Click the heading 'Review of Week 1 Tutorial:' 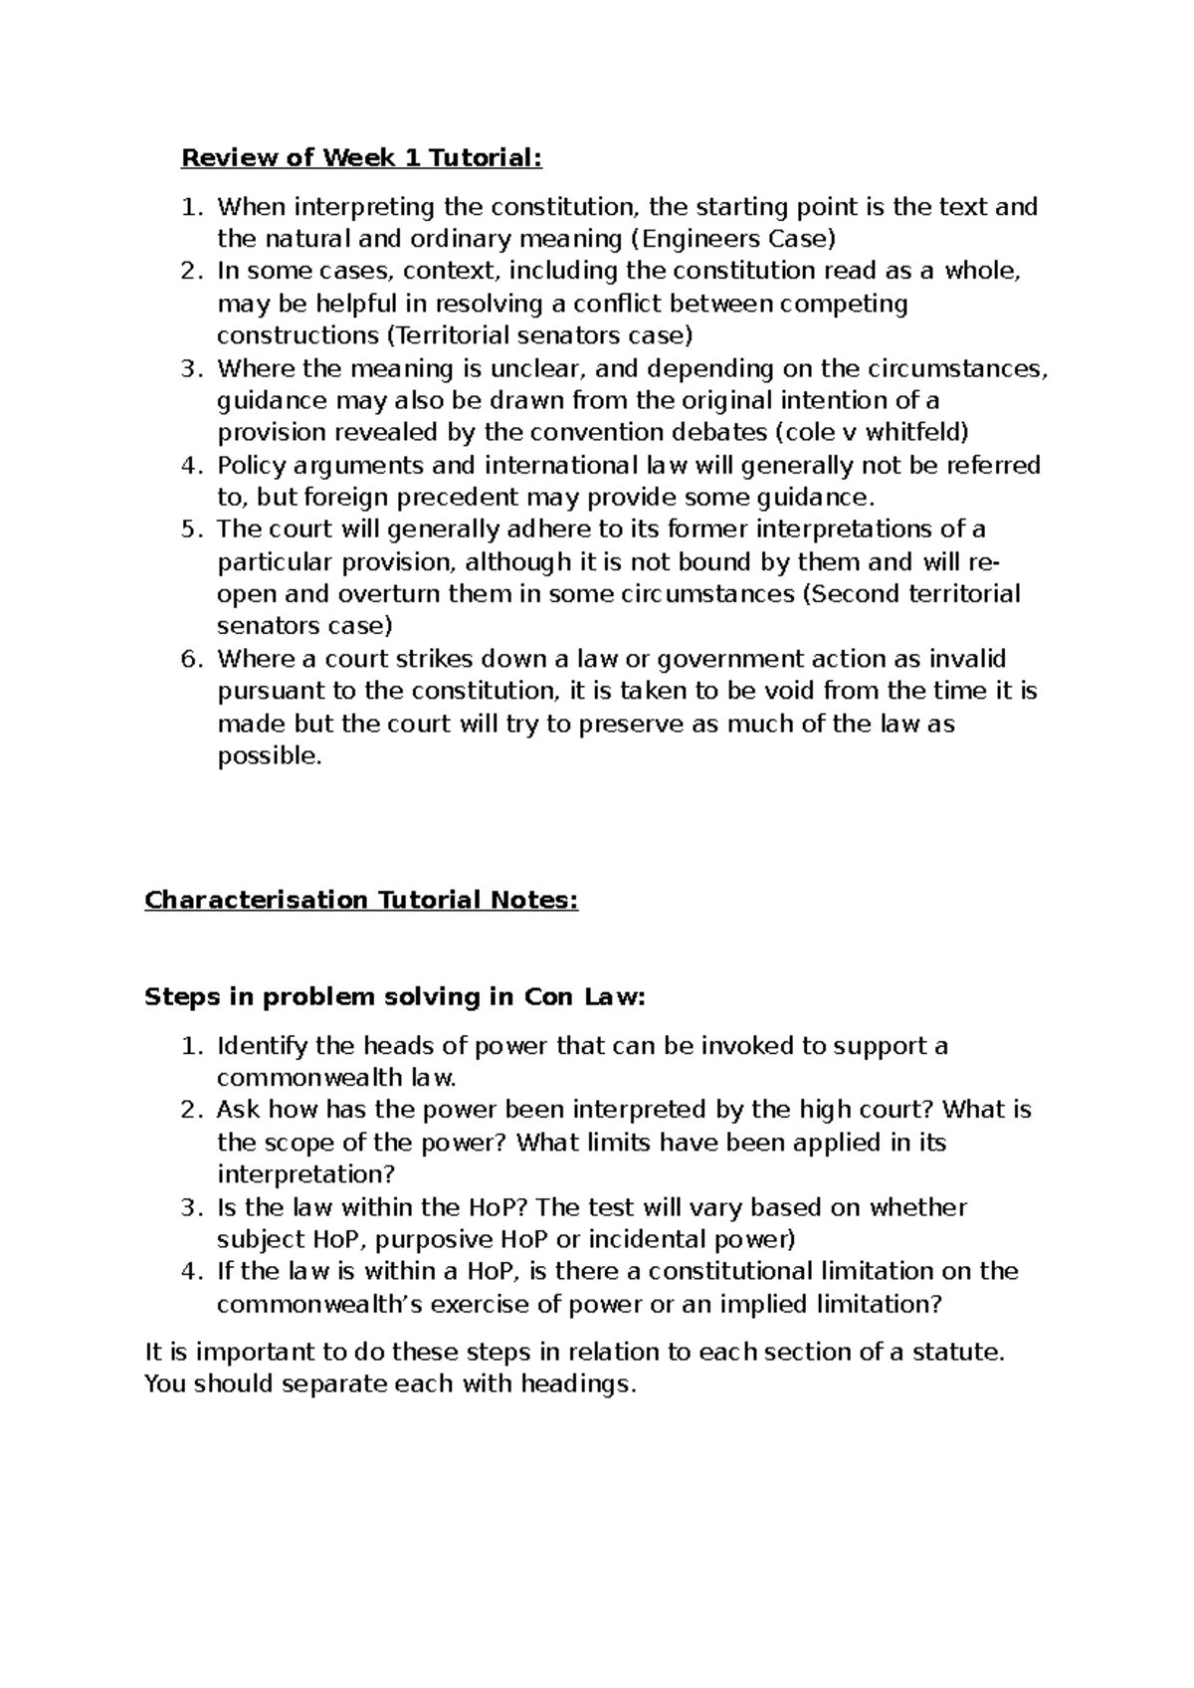tap(362, 157)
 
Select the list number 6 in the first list tap(190, 659)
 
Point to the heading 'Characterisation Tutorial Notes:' tap(361, 900)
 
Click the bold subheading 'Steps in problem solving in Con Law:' tap(395, 997)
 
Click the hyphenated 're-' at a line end tap(984, 562)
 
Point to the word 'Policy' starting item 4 tap(250, 465)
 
